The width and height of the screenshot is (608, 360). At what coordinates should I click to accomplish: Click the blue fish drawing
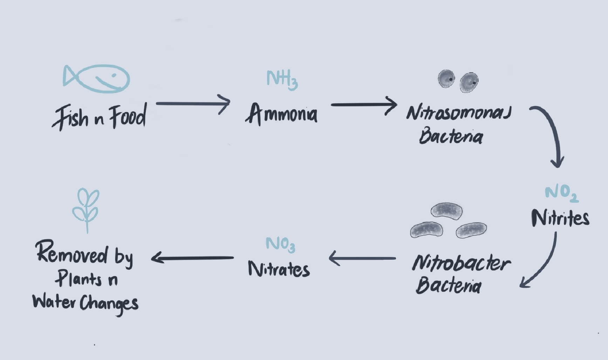pos(97,79)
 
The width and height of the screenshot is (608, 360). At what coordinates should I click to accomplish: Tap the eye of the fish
pos(114,75)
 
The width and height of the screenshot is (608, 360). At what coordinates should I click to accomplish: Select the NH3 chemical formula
pos(282,79)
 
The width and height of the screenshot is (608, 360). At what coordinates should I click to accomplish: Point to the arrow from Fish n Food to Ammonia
pos(193,104)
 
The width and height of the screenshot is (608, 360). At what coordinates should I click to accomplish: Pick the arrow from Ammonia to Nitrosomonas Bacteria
pos(364,104)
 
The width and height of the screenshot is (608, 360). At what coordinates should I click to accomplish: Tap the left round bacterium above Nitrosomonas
pos(446,79)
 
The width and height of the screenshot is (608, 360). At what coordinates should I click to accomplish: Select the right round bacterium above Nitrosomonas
pos(469,82)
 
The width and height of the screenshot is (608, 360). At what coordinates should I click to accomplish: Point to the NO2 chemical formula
pos(561,193)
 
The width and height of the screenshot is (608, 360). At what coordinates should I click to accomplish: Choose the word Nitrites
pos(560,218)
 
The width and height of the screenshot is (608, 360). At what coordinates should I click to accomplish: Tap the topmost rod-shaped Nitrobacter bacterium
pos(446,211)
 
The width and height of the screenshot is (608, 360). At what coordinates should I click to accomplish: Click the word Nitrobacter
pos(461,263)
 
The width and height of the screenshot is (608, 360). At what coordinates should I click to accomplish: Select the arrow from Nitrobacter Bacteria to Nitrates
pos(363,259)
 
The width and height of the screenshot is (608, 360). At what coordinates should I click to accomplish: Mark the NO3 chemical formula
pos(280,244)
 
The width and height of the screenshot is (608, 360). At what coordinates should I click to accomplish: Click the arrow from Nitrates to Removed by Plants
pos(193,258)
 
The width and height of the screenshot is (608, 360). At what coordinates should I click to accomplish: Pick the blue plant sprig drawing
pos(86,209)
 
